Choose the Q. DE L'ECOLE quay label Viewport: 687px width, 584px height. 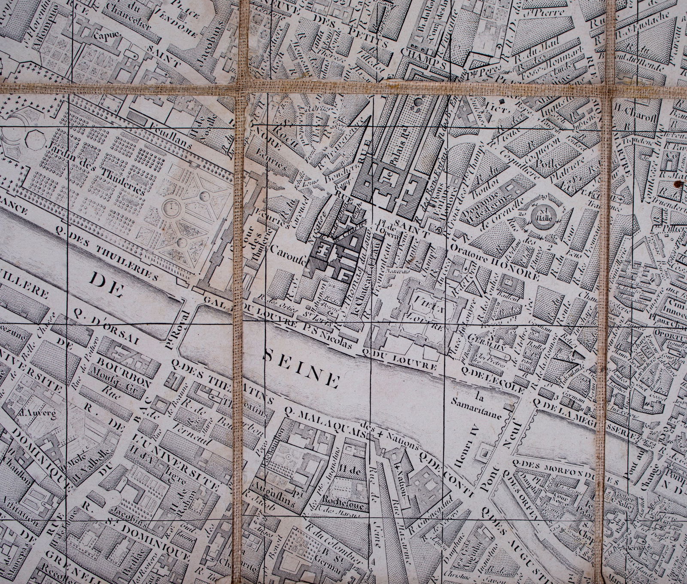(x=492, y=380)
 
